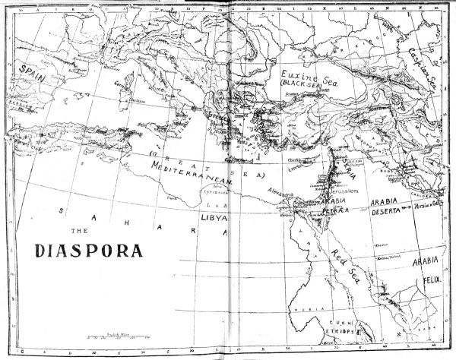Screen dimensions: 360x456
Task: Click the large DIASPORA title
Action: [x=90, y=249]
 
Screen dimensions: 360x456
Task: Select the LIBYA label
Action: [x=212, y=217]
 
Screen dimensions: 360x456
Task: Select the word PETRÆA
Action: [x=329, y=213]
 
